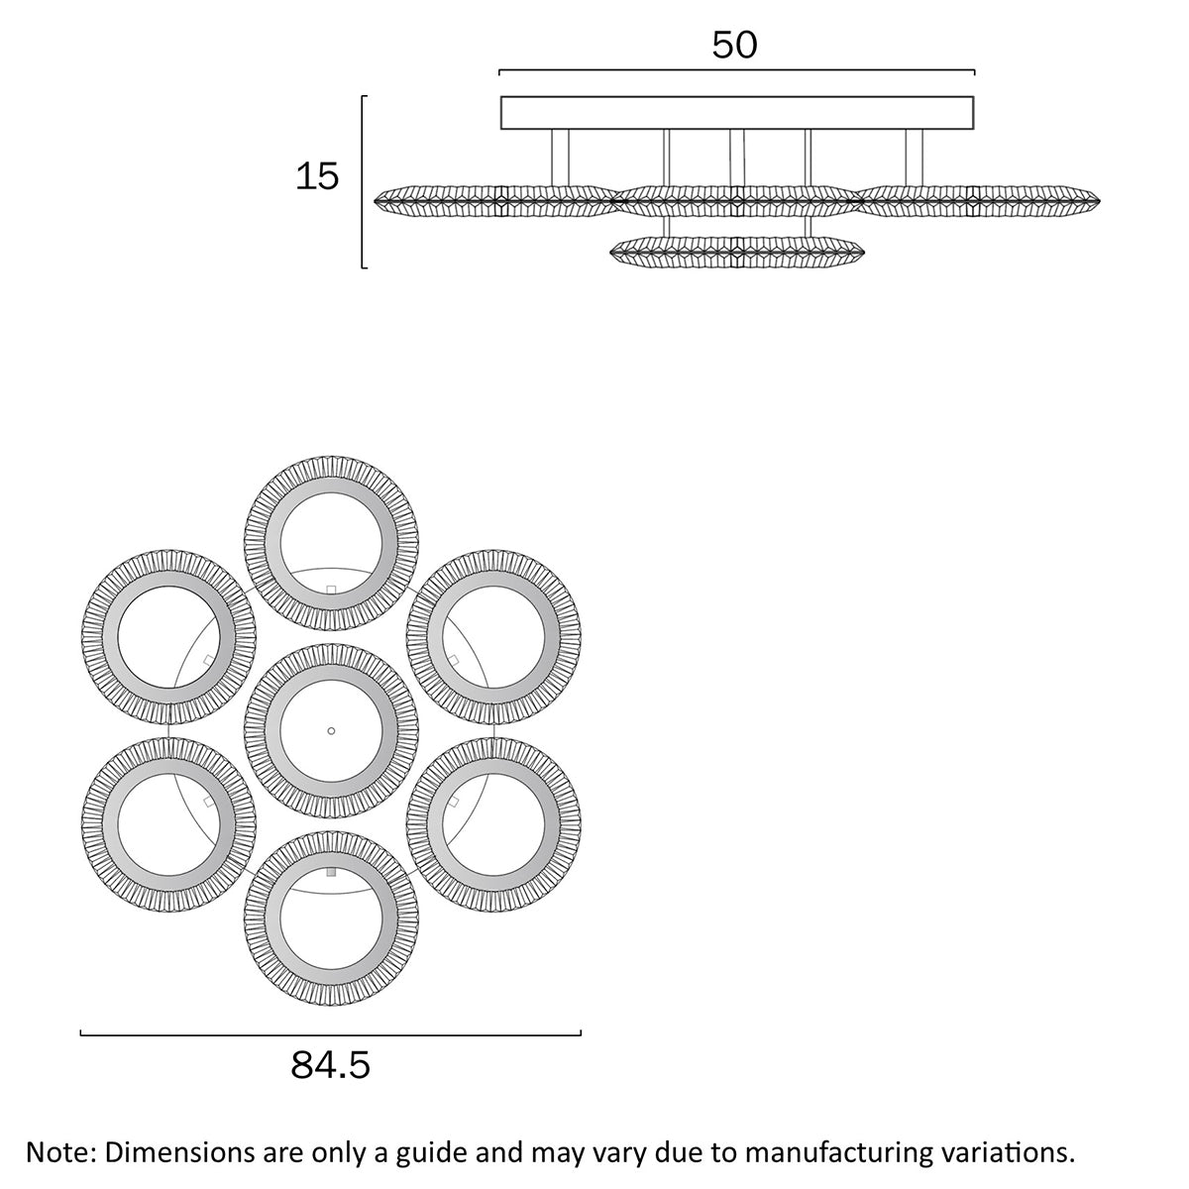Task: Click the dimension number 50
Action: point(734,45)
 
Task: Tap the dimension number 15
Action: point(317,176)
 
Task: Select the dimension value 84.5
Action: point(330,1064)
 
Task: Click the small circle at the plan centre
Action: point(331,730)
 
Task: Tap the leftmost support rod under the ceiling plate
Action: point(560,158)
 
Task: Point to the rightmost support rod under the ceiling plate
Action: point(914,158)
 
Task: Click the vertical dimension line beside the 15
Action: point(363,182)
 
